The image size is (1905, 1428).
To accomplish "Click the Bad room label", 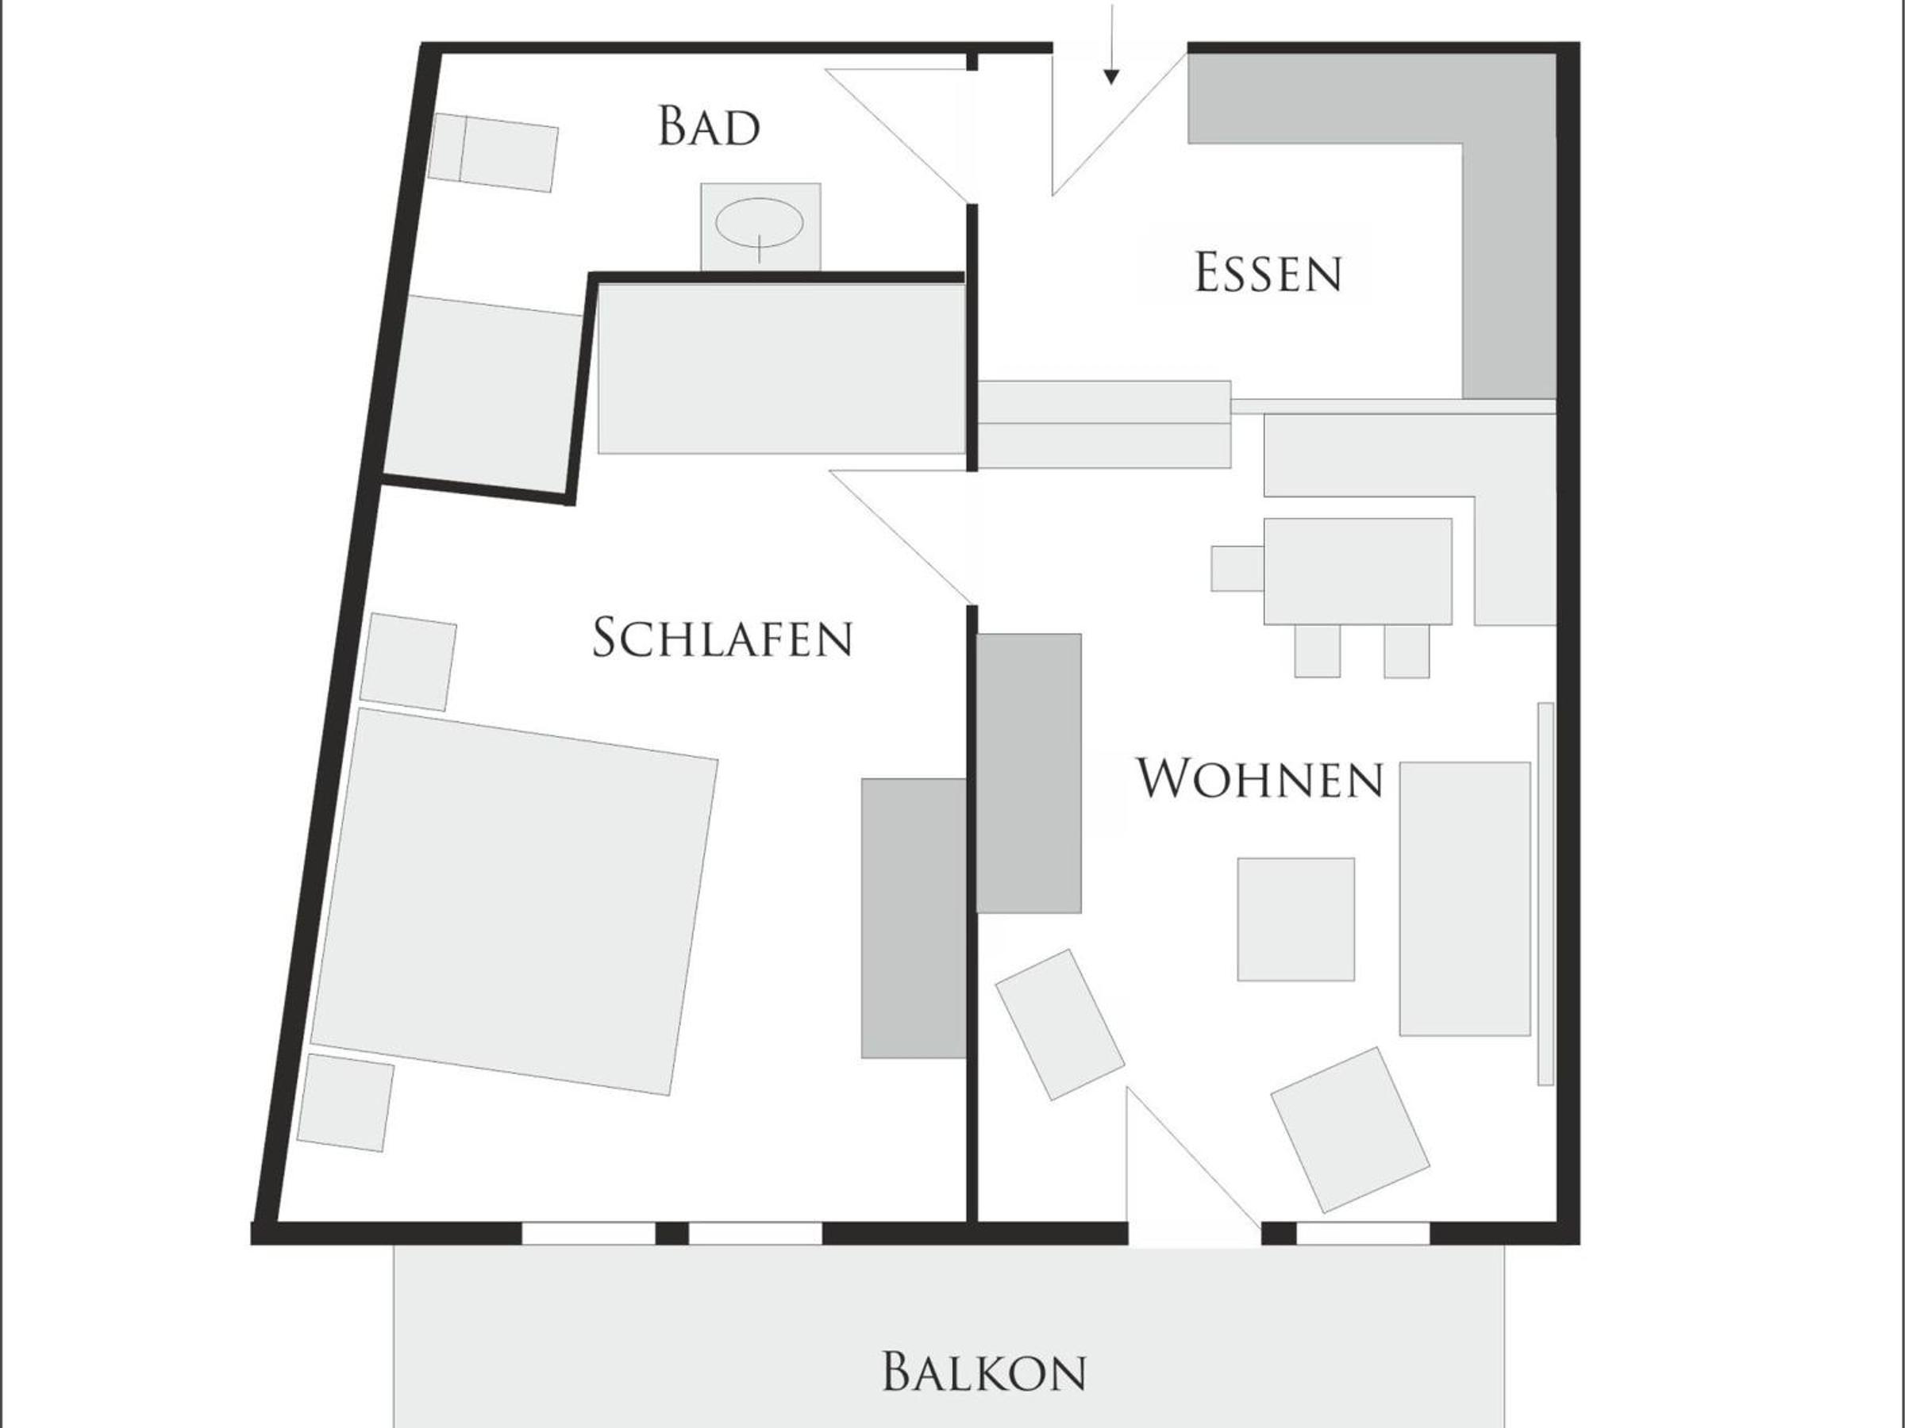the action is pos(709,125).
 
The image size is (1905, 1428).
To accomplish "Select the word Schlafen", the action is pos(722,638).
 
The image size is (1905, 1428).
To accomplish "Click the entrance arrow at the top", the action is pos(1112,43).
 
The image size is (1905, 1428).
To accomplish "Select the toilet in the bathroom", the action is pos(493,152).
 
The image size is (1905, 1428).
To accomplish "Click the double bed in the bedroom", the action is pos(514,901).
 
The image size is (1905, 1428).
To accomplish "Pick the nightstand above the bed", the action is pos(408,662).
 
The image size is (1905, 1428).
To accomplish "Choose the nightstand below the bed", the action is pos(345,1103).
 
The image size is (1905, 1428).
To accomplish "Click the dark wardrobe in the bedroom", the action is pos(913,918).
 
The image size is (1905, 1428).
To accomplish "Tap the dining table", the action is pos(1357,570).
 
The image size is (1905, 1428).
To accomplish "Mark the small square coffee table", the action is pos(1295,919).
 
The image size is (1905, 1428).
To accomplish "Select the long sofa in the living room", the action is pos(1464,898).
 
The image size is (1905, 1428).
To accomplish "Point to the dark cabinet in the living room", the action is pos(1028,773).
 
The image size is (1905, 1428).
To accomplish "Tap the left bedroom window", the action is pos(588,1233).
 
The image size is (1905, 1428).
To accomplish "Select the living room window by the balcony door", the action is pos(1364,1233).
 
